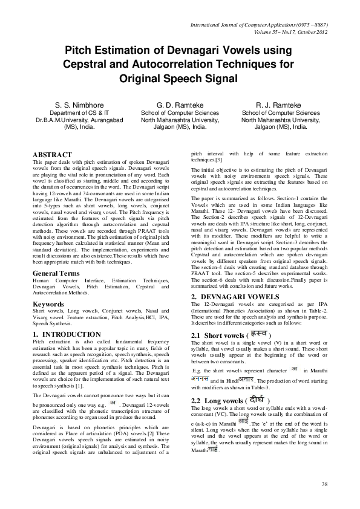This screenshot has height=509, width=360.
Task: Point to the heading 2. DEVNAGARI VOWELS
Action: click(235, 297)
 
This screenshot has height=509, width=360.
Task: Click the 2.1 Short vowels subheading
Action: click(216, 335)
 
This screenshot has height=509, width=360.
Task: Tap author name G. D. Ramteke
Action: click(180, 105)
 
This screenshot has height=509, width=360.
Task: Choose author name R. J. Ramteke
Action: click(280, 105)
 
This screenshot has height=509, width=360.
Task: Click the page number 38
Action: click(324, 484)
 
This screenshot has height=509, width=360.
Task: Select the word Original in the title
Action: click(143, 78)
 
